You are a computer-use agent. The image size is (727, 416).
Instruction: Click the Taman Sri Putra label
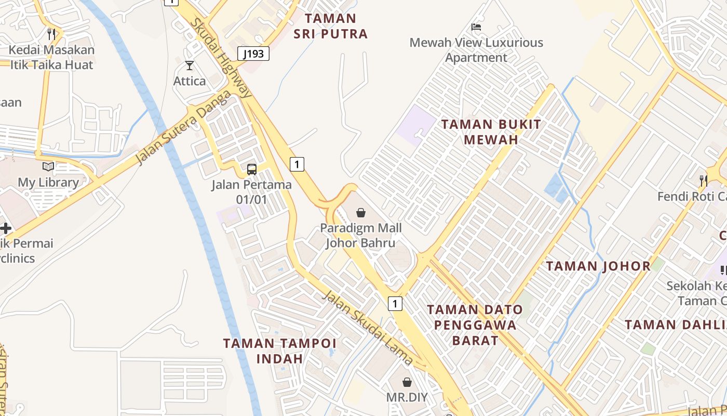pyautogui.click(x=331, y=26)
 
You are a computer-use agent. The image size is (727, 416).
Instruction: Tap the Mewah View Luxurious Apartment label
pyautogui.click(x=476, y=50)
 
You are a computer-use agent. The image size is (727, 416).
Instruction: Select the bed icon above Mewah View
pyautogui.click(x=476, y=27)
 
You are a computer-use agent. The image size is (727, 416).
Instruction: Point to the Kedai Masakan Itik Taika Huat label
pyautogui.click(x=51, y=57)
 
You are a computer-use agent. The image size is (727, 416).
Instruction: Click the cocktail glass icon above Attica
pyautogui.click(x=190, y=66)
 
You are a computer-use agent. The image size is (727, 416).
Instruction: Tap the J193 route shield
pyautogui.click(x=253, y=54)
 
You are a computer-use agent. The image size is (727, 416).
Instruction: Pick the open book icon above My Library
pyautogui.click(x=48, y=167)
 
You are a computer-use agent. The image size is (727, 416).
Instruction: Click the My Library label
pyautogui.click(x=48, y=183)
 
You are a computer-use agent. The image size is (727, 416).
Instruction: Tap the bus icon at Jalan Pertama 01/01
pyautogui.click(x=252, y=169)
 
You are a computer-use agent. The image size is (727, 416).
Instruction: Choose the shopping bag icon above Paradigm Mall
pyautogui.click(x=361, y=213)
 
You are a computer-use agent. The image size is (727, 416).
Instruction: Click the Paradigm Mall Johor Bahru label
pyautogui.click(x=361, y=235)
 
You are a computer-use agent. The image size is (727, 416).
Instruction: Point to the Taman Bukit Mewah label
pyautogui.click(x=491, y=132)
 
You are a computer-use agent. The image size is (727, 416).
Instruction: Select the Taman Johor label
pyautogui.click(x=598, y=266)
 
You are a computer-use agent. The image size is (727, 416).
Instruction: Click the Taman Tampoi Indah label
pyautogui.click(x=280, y=351)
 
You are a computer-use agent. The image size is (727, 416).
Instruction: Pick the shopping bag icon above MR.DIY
pyautogui.click(x=407, y=382)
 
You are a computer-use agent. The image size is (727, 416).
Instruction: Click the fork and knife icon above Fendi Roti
pyautogui.click(x=704, y=181)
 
